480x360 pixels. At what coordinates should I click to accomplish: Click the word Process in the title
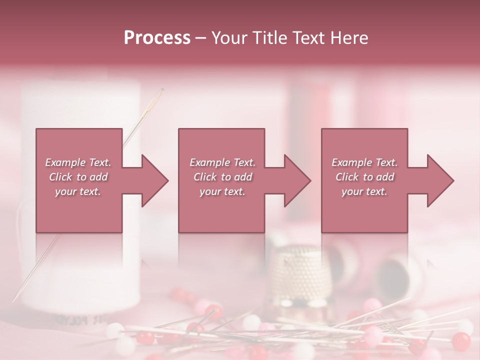[x=157, y=37]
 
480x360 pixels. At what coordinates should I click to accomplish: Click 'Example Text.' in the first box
[x=78, y=162]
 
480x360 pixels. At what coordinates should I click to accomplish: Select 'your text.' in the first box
[x=78, y=191]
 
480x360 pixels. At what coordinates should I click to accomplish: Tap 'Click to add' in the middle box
[x=222, y=177]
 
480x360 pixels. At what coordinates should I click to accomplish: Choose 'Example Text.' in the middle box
[x=222, y=162]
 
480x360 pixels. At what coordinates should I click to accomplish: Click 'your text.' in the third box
[x=364, y=191]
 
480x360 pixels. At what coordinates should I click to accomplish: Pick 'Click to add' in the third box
[x=364, y=177]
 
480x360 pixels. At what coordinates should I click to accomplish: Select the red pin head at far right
[x=461, y=341]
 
